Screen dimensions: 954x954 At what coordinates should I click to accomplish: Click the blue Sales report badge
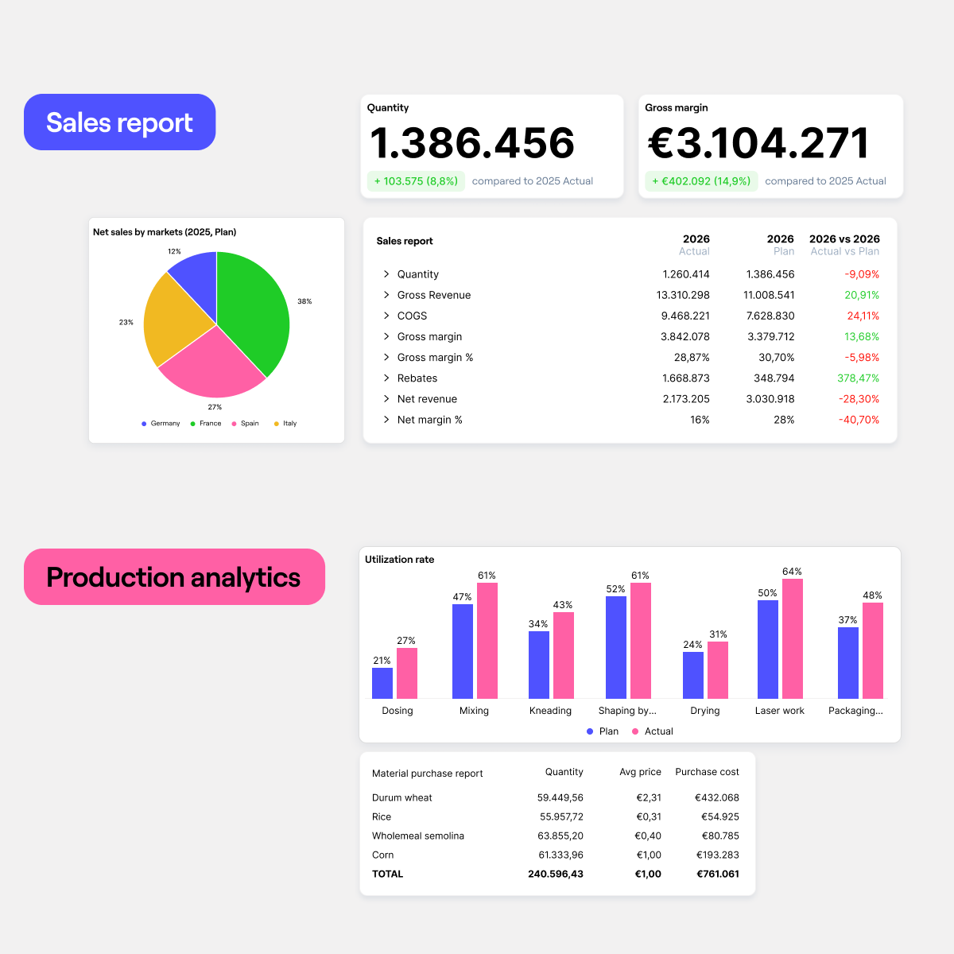pos(119,122)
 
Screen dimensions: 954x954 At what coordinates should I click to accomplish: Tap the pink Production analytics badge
pos(174,577)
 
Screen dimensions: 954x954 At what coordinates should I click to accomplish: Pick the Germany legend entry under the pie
pos(161,424)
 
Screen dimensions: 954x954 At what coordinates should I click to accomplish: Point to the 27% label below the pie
pos(215,407)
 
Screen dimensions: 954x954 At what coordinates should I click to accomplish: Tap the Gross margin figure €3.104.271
pos(758,143)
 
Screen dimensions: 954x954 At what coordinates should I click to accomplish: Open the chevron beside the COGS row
pos(386,316)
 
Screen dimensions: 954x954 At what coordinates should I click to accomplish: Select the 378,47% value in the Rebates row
pos(858,378)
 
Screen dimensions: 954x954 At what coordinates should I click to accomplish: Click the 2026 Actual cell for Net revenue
pos(686,399)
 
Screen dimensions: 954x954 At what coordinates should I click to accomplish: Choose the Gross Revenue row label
pos(434,295)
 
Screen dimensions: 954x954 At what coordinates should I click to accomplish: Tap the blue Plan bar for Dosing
pos(382,683)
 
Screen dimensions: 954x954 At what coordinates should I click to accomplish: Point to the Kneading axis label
pos(550,711)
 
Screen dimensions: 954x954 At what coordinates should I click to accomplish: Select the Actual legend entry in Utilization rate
pos(653,731)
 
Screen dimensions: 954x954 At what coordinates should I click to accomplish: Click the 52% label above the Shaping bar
pos(615,589)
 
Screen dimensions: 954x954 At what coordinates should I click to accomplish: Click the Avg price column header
pos(640,772)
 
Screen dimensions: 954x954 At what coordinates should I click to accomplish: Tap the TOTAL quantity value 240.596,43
pos(555,874)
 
